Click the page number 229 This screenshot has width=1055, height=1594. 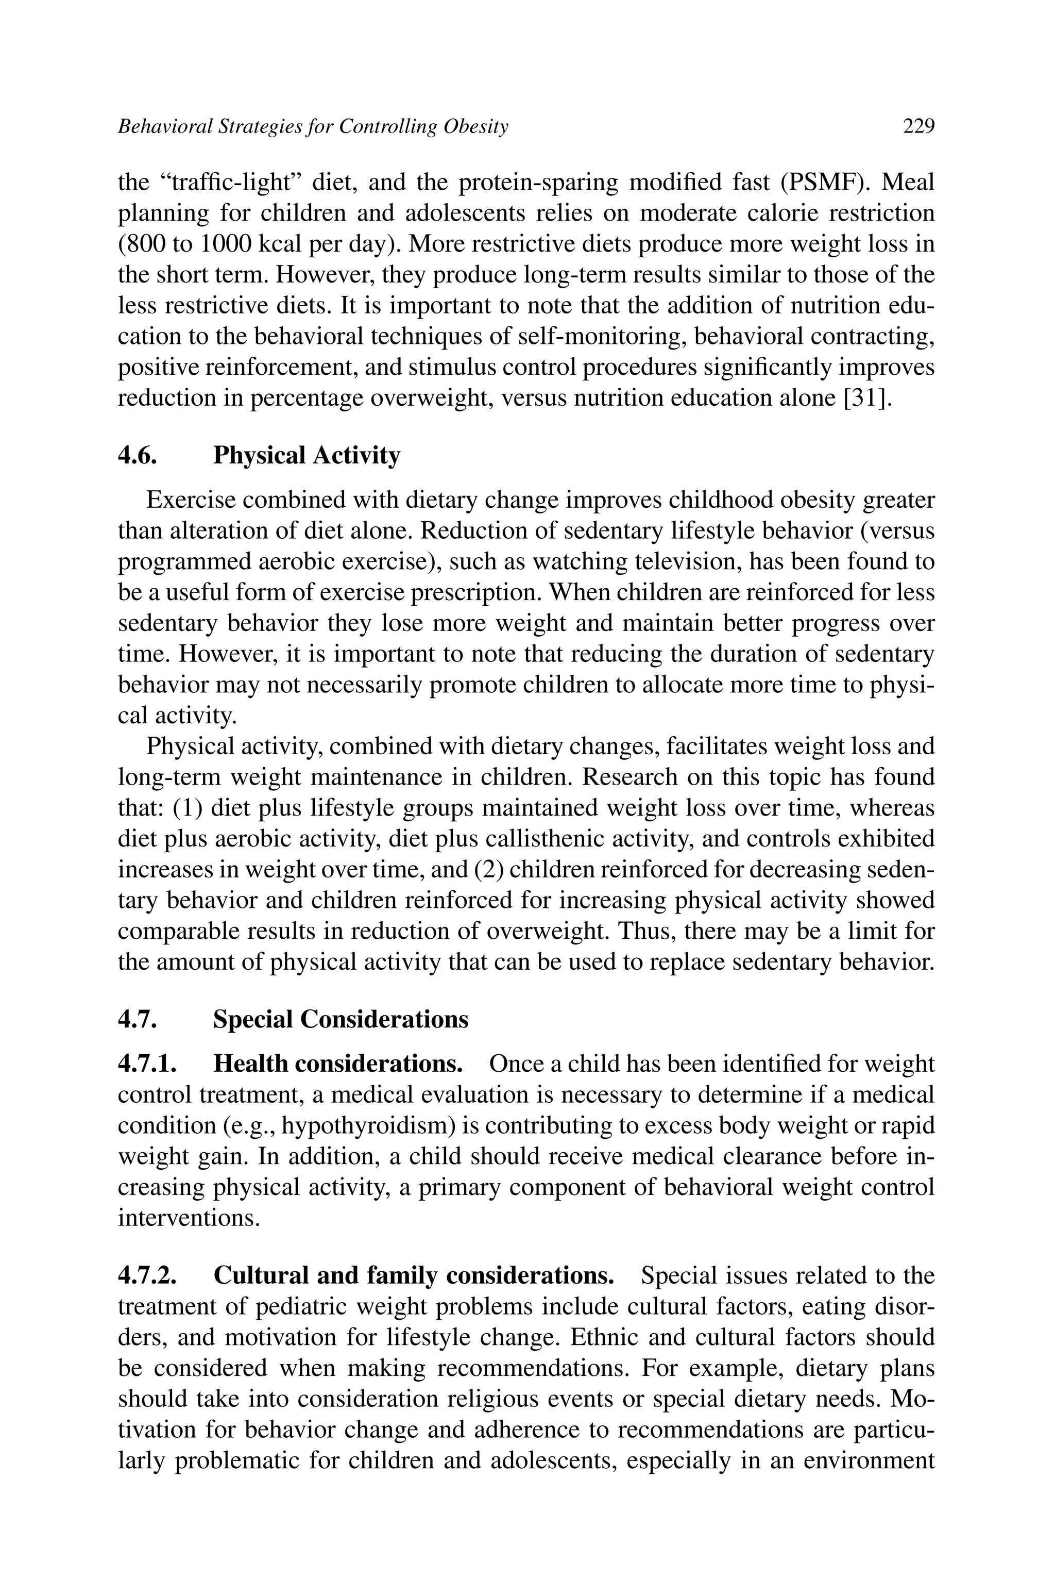918,126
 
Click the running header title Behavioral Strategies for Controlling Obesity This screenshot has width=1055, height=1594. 313,126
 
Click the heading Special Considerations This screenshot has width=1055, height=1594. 341,1019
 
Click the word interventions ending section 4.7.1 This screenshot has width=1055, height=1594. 189,1218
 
